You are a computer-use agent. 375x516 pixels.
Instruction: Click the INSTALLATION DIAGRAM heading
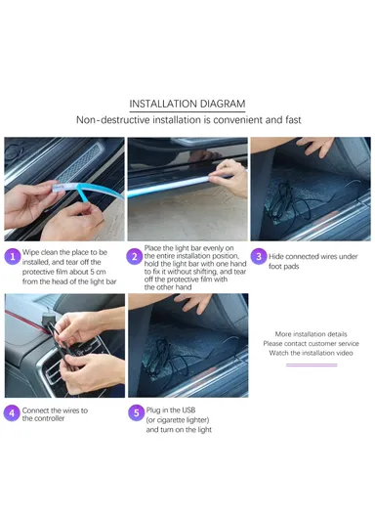187,104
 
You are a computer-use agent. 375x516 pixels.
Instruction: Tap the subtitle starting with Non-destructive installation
187,120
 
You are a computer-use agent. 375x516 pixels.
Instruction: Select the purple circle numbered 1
12,257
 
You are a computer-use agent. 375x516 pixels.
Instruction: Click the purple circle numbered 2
135,257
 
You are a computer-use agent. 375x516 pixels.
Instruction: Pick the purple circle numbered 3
259,257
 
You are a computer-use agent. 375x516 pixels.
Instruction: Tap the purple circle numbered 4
12,414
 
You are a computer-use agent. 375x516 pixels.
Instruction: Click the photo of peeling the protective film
63,189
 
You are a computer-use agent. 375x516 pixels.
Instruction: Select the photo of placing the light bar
187,189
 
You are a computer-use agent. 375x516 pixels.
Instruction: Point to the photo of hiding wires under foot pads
310,189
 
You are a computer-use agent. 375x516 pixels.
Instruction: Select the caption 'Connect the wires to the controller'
55,414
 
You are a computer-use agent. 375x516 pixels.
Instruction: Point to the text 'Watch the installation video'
311,353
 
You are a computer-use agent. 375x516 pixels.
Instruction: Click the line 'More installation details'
311,334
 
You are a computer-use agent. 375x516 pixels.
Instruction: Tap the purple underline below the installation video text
311,365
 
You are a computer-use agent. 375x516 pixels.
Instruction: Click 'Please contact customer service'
311,344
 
